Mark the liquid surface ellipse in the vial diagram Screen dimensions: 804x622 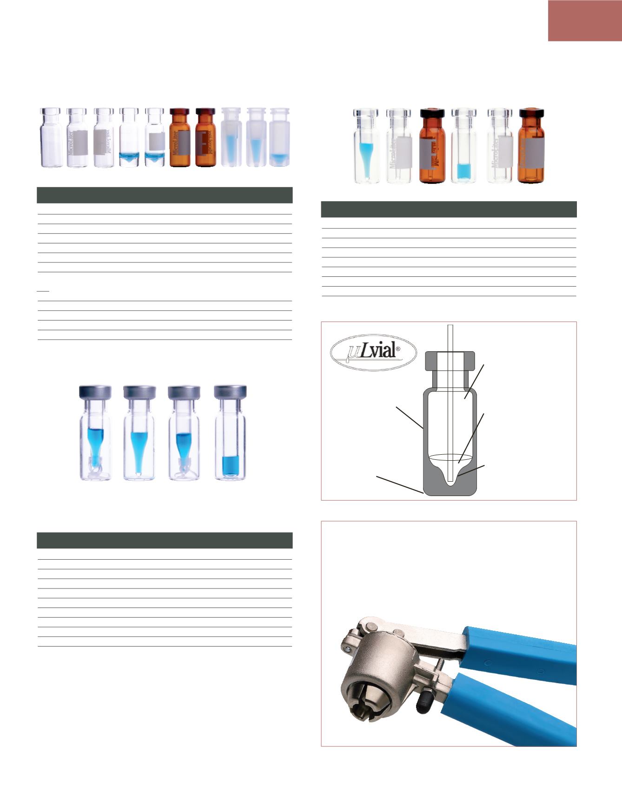coord(450,458)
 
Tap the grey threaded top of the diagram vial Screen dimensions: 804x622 coord(450,361)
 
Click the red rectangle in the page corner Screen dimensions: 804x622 coord(585,21)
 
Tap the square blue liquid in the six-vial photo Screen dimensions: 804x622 coord(463,170)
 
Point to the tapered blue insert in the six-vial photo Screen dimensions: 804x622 coord(366,158)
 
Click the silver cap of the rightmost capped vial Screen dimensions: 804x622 coord(230,392)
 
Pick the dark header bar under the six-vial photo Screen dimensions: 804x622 coord(449,209)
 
